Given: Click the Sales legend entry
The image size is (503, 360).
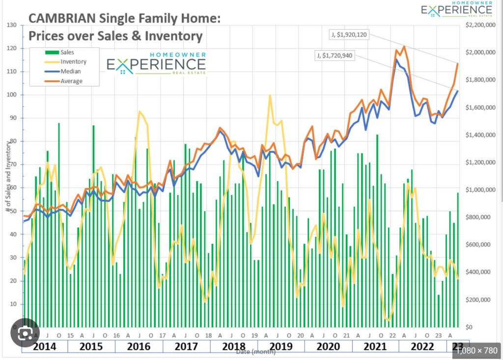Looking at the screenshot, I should tap(67, 52).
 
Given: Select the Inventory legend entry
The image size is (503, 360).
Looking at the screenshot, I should tap(73, 62).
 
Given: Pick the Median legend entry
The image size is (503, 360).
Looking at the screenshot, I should tap(71, 72).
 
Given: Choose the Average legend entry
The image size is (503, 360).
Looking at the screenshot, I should tap(72, 81).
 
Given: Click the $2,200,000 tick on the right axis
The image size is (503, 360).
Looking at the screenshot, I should tap(478, 25).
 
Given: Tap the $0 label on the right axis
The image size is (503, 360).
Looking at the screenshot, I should tap(470, 328).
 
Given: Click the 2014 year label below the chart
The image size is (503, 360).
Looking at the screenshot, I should tap(45, 346).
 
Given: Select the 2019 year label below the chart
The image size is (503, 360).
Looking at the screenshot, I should tap(281, 346).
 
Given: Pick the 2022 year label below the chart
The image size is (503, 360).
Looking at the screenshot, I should tap(422, 346).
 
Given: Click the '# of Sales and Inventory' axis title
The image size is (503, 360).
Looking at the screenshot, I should tap(8, 177).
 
